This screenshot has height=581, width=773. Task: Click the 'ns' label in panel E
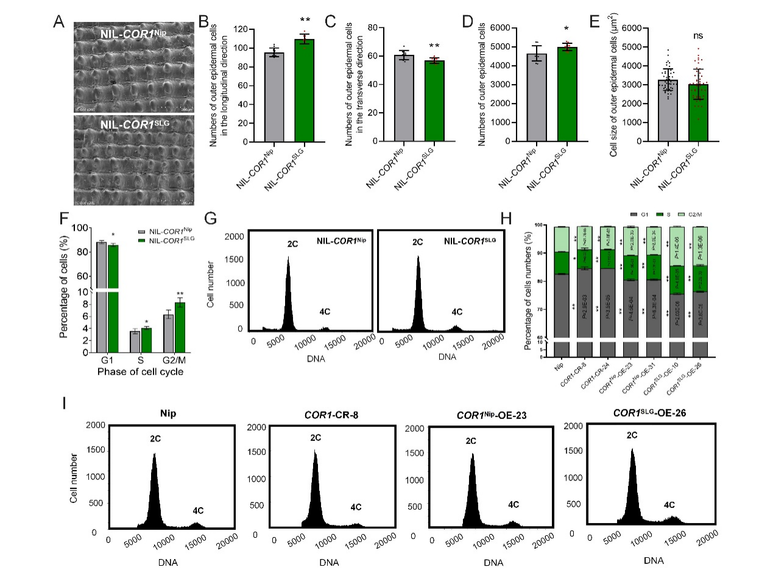(698, 36)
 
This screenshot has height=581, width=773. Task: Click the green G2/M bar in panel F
(180, 327)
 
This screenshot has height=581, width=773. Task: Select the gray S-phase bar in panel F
(135, 342)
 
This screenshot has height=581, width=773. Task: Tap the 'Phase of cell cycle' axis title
(140, 371)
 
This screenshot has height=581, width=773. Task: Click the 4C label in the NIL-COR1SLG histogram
(457, 312)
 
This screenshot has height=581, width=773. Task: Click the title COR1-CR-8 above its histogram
(331, 415)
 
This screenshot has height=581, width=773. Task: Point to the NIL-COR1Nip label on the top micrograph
(133, 33)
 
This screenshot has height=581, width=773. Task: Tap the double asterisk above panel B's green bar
(305, 21)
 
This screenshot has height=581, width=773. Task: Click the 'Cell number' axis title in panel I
(74, 478)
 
